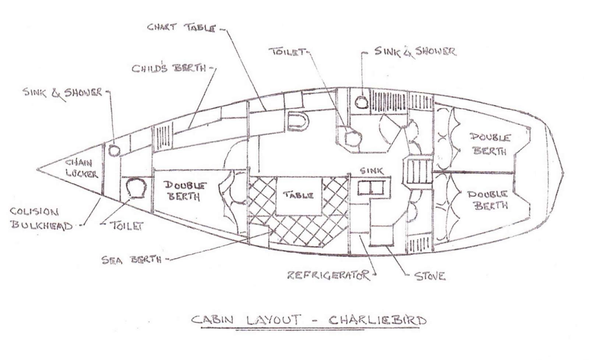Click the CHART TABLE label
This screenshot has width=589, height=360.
click(181, 27)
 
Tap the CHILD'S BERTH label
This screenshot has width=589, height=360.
click(169, 68)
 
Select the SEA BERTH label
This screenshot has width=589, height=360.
click(131, 260)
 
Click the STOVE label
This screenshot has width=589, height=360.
click(430, 276)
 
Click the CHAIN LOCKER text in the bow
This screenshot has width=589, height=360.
click(81, 168)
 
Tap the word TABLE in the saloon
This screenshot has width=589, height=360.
click(298, 195)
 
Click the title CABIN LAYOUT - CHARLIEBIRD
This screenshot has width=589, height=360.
click(308, 320)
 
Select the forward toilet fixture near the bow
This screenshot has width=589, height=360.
click(136, 188)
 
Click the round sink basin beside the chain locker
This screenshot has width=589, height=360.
click(114, 150)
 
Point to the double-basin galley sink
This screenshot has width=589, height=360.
click(371, 188)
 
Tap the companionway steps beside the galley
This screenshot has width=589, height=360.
click(419, 172)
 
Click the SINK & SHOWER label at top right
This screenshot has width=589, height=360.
click(415, 52)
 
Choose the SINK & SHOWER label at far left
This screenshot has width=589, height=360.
click(62, 92)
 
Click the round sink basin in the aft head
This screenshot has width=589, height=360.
click(361, 102)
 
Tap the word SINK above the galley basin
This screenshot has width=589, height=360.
click(371, 171)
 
